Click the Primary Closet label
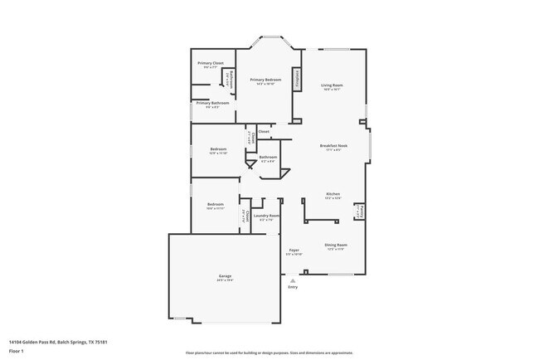click(210, 63)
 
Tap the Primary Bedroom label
click(269, 80)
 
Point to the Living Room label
click(333, 85)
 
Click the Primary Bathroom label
click(212, 104)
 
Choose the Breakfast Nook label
click(333, 147)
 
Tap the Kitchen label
click(333, 195)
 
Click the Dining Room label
click(336, 245)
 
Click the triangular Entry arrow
click(292, 280)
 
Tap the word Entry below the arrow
click(292, 287)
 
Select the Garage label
click(225, 276)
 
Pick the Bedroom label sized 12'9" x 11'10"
click(218, 150)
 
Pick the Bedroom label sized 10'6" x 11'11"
click(216, 205)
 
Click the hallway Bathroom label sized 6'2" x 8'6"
click(268, 158)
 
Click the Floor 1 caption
click(16, 349)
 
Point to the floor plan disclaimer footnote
click(269, 353)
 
